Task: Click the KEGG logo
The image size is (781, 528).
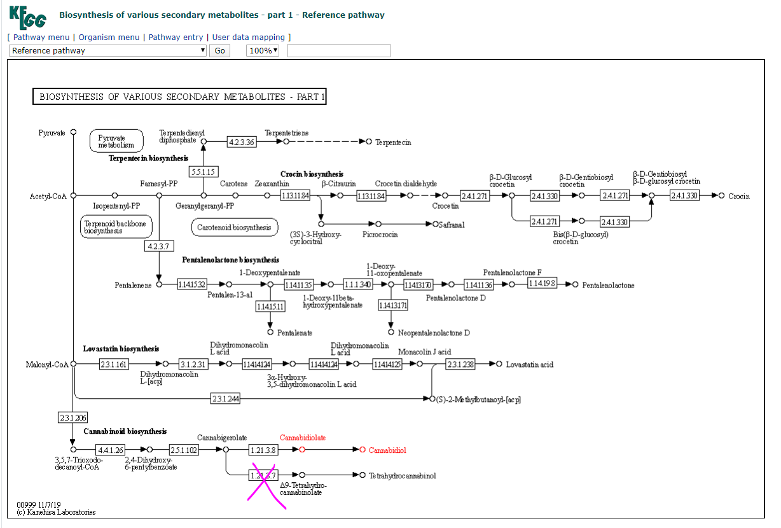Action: tap(27, 17)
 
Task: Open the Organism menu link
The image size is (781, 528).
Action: tap(109, 38)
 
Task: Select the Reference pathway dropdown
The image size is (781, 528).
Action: tap(107, 51)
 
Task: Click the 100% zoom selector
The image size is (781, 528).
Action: tap(263, 51)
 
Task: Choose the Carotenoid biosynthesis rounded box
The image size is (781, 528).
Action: tap(234, 227)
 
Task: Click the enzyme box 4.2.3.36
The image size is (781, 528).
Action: tap(242, 142)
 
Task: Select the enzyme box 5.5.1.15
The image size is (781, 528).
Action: tap(204, 172)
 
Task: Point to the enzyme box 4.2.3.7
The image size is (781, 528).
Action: tap(160, 246)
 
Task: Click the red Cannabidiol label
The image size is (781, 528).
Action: tap(387, 450)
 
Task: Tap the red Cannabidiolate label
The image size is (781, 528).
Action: tap(303, 438)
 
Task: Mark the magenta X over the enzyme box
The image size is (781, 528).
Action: tap(265, 485)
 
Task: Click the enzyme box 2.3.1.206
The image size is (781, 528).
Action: tap(73, 417)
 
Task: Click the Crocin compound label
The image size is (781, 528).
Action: tap(738, 196)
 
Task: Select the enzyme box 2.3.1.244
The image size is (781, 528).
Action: tap(225, 399)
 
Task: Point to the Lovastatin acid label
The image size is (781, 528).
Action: tap(529, 365)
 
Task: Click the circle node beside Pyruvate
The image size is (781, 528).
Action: tap(73, 132)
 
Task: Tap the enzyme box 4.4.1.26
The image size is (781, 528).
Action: tap(111, 450)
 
